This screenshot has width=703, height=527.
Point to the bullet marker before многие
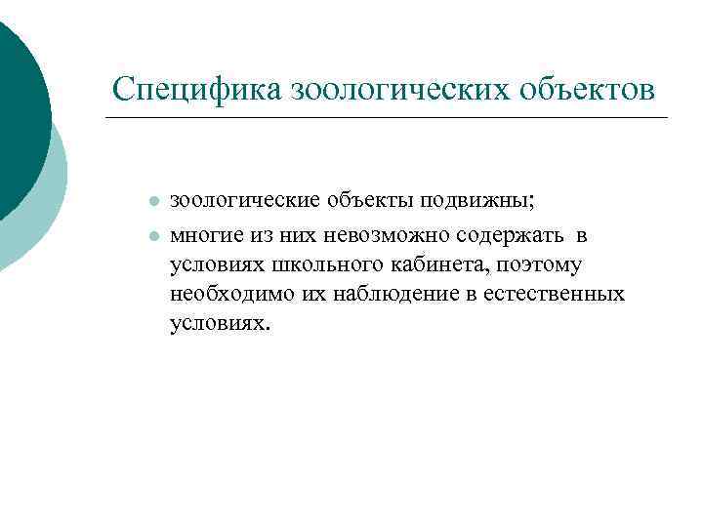153,237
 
